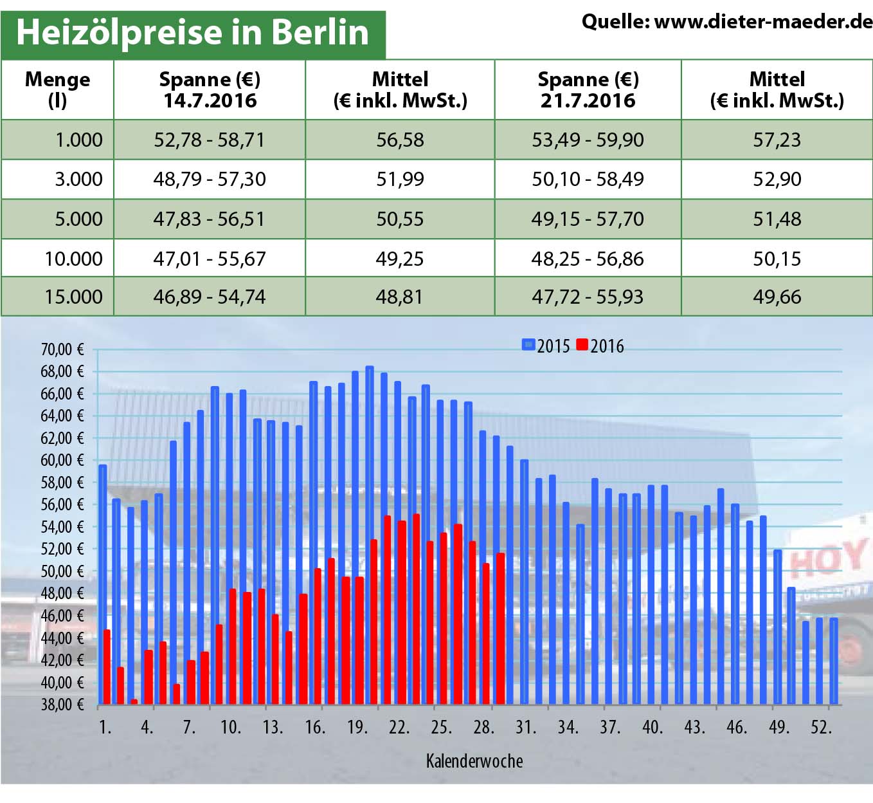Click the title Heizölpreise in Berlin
click(x=192, y=33)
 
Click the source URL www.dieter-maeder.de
click(x=762, y=22)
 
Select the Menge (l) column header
click(x=57, y=89)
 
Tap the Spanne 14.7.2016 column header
click(x=210, y=89)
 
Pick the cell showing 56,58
click(x=400, y=140)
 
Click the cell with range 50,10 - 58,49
click(x=588, y=179)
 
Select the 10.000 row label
click(x=73, y=259)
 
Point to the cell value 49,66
click(x=777, y=297)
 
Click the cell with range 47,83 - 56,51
click(x=209, y=219)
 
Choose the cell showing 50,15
click(x=777, y=259)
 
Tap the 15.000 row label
click(x=73, y=297)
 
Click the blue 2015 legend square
click(x=528, y=345)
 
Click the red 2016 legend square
click(x=582, y=345)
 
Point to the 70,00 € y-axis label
click(x=62, y=349)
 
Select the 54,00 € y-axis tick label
click(x=62, y=527)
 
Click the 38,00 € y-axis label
click(x=62, y=705)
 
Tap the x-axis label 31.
click(x=525, y=728)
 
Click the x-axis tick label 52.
click(x=821, y=728)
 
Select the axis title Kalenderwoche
click(x=474, y=761)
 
